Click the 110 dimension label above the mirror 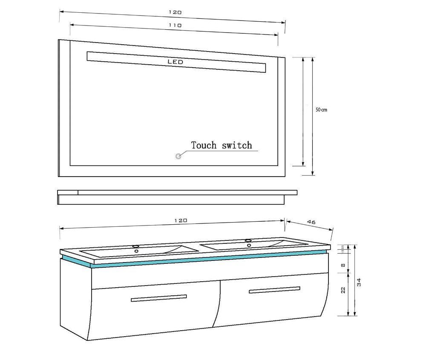[x=175, y=26]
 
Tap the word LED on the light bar [x=175, y=62]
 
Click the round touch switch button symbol [x=178, y=156]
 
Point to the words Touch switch [x=222, y=146]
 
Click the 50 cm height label [x=321, y=110]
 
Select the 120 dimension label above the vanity [x=181, y=220]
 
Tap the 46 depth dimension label [x=311, y=222]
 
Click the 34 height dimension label [x=359, y=282]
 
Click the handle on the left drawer [x=159, y=298]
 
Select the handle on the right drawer [x=274, y=290]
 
